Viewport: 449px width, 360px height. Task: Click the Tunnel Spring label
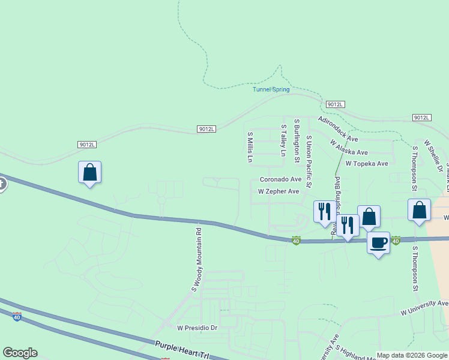(271, 90)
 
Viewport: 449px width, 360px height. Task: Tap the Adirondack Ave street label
(338, 129)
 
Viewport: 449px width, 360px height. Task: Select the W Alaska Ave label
(349, 148)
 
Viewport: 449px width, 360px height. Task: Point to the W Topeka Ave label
(366, 163)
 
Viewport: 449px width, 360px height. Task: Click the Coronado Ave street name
(280, 179)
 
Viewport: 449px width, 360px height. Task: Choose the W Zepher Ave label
(278, 191)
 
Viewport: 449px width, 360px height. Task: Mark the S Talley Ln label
(283, 140)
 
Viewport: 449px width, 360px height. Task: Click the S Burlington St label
(297, 141)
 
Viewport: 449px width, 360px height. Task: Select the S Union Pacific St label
(309, 154)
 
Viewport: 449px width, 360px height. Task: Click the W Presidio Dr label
(197, 328)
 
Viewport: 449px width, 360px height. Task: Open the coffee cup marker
(378, 243)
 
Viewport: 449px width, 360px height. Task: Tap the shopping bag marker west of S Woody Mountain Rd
(89, 172)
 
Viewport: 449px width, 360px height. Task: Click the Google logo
(20, 353)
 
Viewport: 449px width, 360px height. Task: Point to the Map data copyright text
(412, 355)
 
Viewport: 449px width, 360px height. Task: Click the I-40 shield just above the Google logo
(17, 316)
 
